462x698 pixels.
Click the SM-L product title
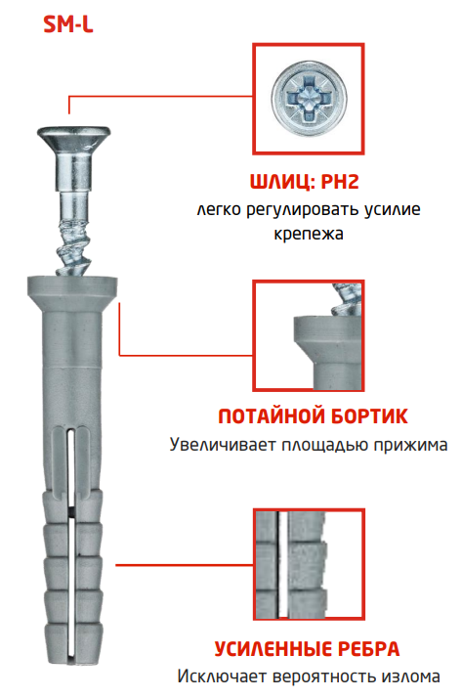point(68,24)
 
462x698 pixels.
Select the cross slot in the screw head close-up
point(309,99)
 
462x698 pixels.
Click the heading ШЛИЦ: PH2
point(304,182)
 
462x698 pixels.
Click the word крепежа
point(308,235)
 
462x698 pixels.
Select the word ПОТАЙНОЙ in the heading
point(272,415)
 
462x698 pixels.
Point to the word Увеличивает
point(223,444)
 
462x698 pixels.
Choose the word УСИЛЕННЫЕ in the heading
point(273,648)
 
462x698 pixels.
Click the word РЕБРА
point(368,648)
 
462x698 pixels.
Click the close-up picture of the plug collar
point(309,335)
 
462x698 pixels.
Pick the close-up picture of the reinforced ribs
point(309,564)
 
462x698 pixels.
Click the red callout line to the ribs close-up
point(185,565)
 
